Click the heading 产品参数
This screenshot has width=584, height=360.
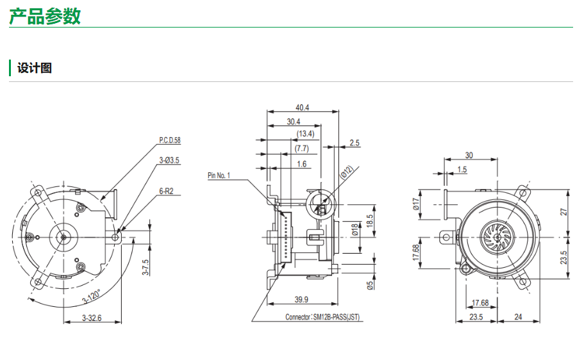(x=45, y=15)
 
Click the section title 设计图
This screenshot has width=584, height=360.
(x=35, y=68)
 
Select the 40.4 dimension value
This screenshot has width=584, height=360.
(x=303, y=108)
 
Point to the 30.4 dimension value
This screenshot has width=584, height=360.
(x=294, y=121)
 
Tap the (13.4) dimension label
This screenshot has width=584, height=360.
(x=305, y=134)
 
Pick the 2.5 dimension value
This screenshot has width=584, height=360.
(x=355, y=143)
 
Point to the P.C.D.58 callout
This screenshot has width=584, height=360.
(x=170, y=140)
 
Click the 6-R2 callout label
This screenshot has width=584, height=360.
(x=167, y=190)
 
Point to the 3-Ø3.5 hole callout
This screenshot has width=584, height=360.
(x=169, y=160)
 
